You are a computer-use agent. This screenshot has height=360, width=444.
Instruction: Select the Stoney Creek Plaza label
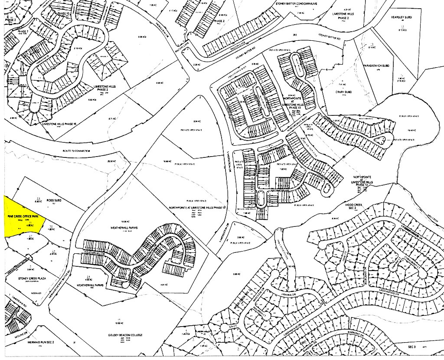click(x=29, y=278)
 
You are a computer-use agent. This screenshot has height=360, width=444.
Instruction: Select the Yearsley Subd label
click(x=403, y=17)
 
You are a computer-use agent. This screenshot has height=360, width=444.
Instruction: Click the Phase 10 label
click(x=63, y=13)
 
